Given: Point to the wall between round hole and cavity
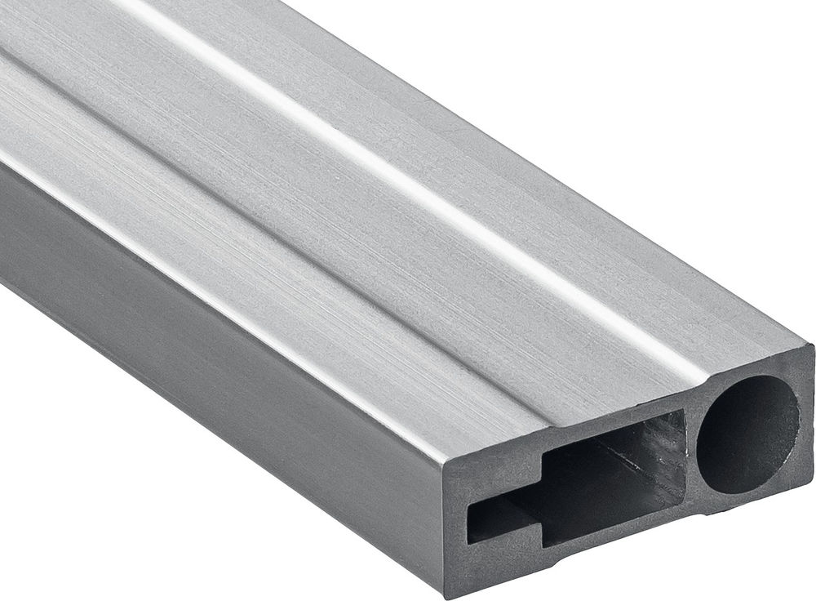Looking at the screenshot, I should [692, 457].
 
